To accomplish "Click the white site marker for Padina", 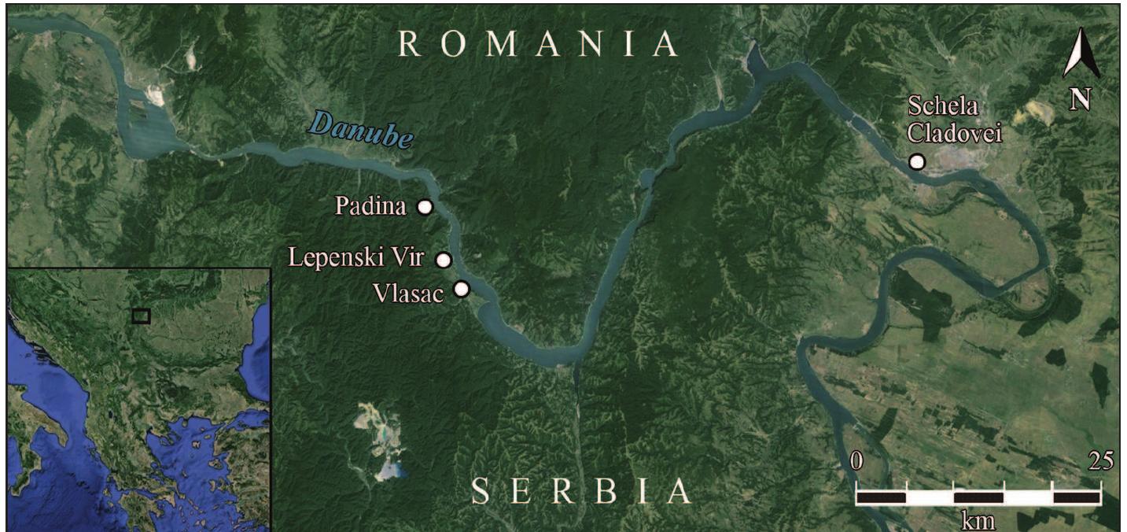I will (x=425, y=207).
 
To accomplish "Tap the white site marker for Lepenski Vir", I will (x=444, y=260).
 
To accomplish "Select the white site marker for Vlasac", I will (x=462, y=290).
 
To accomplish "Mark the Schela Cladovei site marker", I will (x=917, y=162).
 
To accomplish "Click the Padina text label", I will (x=370, y=207).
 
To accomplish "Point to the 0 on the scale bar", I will (x=857, y=461).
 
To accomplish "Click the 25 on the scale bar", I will (x=1100, y=461).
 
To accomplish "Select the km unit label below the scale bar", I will (x=978, y=520).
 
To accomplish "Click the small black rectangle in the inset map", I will (x=141, y=316).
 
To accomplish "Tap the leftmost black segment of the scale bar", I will (x=881, y=497).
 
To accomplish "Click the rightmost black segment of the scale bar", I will (x=1077, y=497).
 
